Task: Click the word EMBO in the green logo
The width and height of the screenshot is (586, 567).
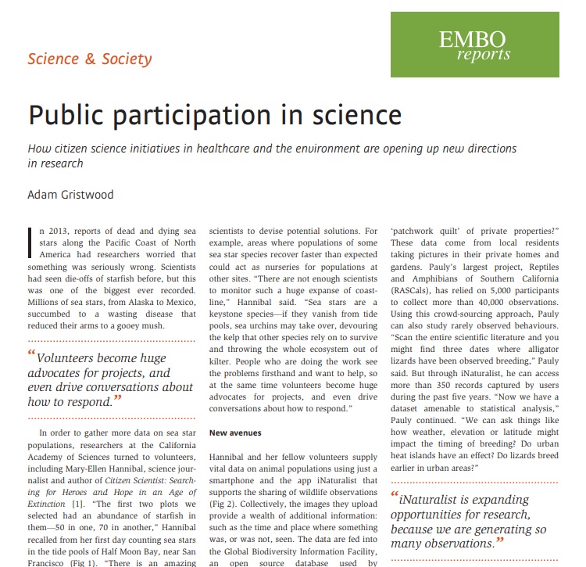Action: [472, 38]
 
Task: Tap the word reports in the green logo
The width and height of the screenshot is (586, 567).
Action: [484, 55]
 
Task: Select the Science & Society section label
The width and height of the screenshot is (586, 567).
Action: [90, 59]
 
